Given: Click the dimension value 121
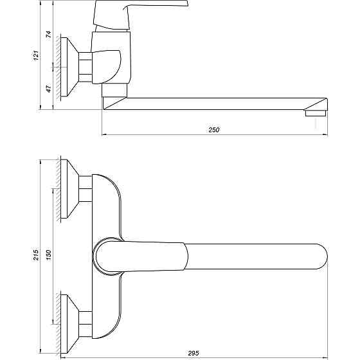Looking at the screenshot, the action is (x=36, y=55).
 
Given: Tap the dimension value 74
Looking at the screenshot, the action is (x=49, y=35).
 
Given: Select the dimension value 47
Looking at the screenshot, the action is (x=49, y=89).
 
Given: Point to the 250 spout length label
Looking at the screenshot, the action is (x=214, y=130).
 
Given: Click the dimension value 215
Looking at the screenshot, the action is (x=36, y=255).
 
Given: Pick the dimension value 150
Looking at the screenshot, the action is (x=49, y=255).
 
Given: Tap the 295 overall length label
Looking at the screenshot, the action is (x=194, y=353).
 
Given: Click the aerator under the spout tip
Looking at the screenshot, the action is (x=316, y=113).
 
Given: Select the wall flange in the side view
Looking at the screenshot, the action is (x=69, y=67).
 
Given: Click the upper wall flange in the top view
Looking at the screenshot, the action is (x=69, y=189).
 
